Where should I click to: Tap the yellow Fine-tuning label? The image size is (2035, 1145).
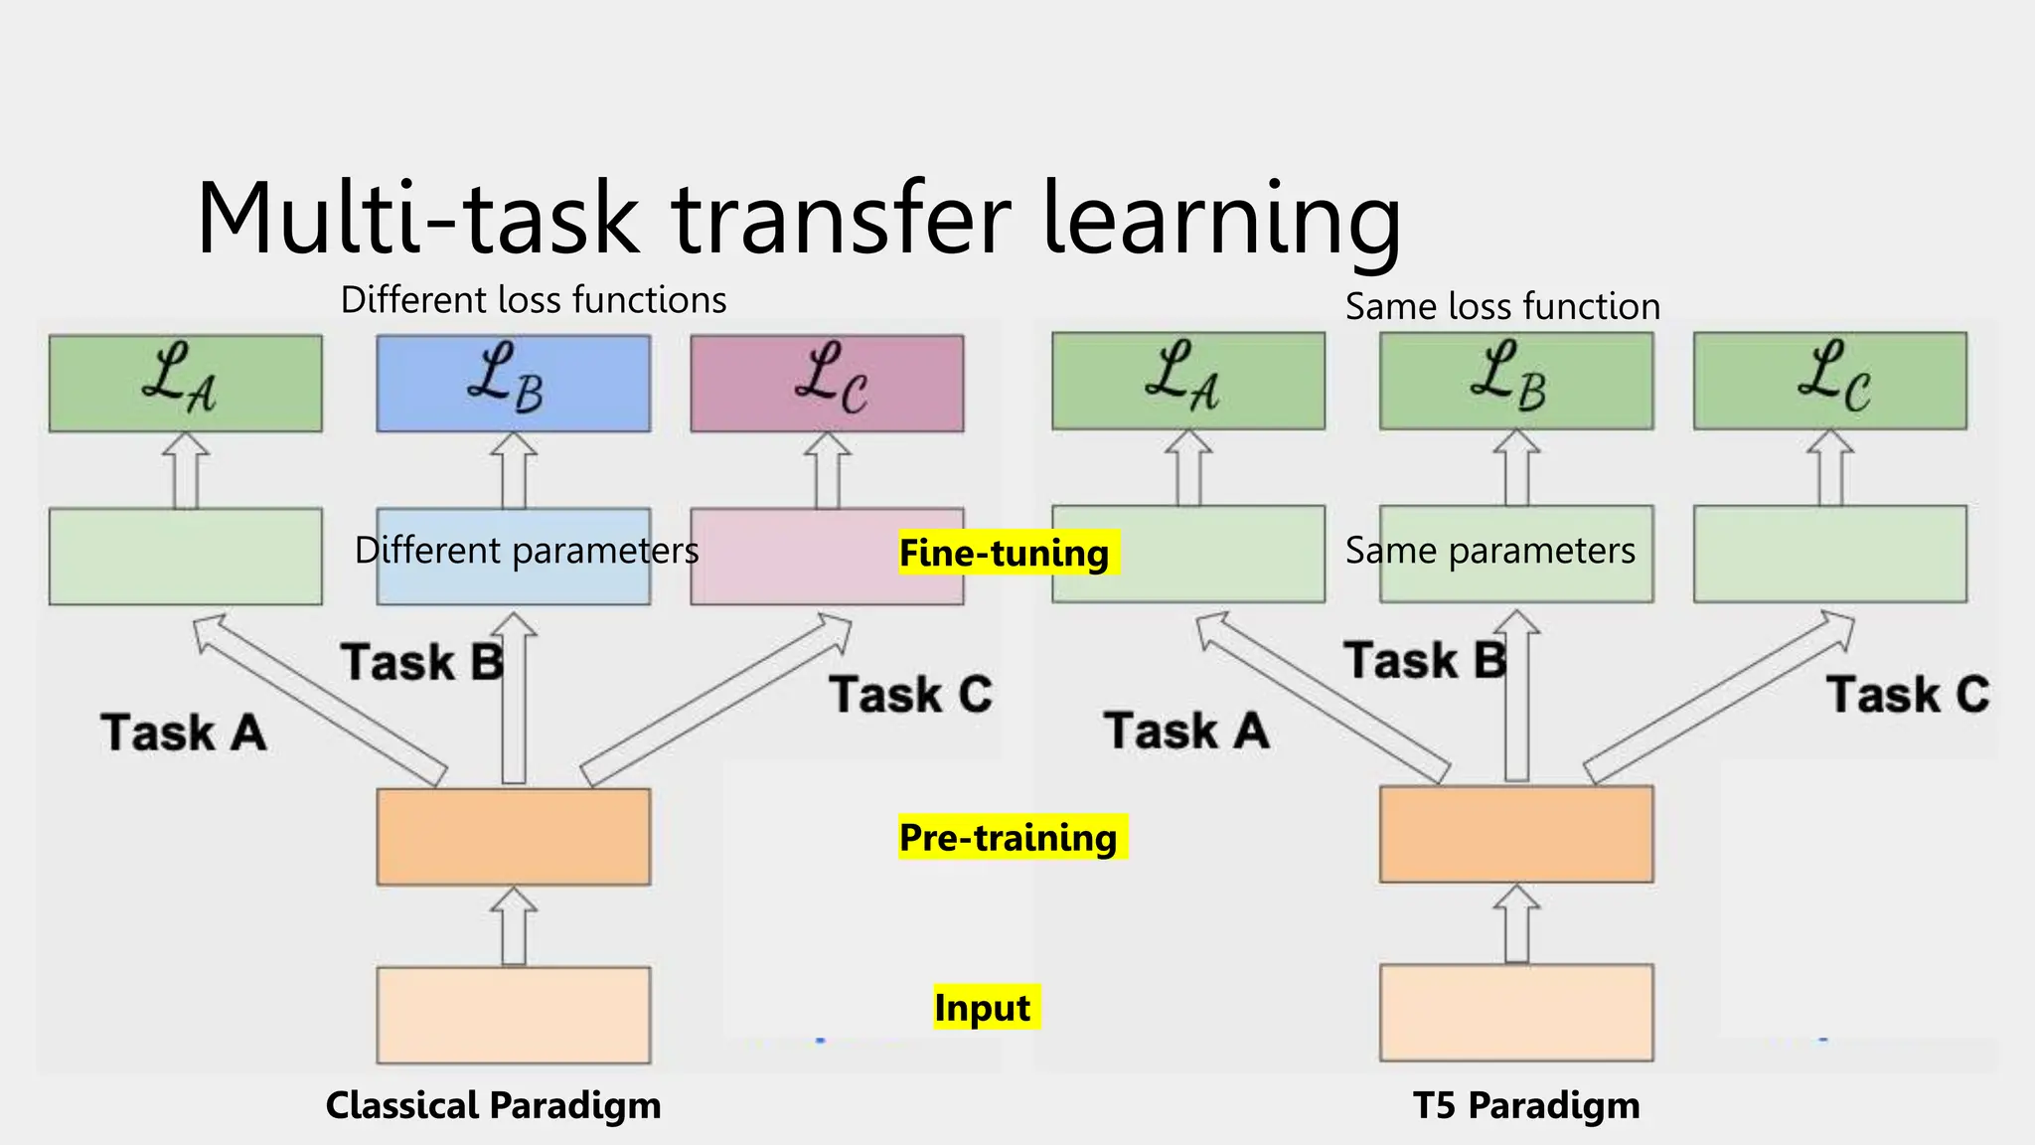tap(1006, 553)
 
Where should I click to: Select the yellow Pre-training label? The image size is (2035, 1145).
tap(1009, 837)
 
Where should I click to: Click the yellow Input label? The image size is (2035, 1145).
tap(984, 1007)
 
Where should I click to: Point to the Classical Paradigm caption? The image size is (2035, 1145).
tap(493, 1105)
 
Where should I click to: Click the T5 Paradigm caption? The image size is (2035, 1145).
tap(1526, 1105)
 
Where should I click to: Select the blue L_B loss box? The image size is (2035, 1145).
tap(514, 383)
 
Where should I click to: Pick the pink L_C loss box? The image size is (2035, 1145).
tap(827, 383)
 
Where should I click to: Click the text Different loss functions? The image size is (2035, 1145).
tap(534, 300)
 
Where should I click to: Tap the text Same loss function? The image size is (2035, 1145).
tap(1502, 306)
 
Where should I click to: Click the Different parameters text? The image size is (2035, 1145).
tap(527, 551)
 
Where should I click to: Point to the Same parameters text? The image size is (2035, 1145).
tap(1489, 551)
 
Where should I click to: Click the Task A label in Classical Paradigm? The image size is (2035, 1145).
tap(184, 734)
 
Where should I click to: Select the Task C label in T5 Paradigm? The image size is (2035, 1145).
tap(1908, 694)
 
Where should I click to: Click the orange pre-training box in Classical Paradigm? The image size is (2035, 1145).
tap(514, 837)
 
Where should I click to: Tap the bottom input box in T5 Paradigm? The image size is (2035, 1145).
tap(1516, 1012)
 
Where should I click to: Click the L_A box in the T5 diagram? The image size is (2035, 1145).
tap(1188, 381)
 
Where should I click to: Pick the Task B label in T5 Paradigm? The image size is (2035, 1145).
tap(1424, 661)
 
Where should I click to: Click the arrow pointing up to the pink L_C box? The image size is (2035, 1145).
tap(827, 471)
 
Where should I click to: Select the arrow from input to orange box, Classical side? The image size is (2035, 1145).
tap(514, 926)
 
